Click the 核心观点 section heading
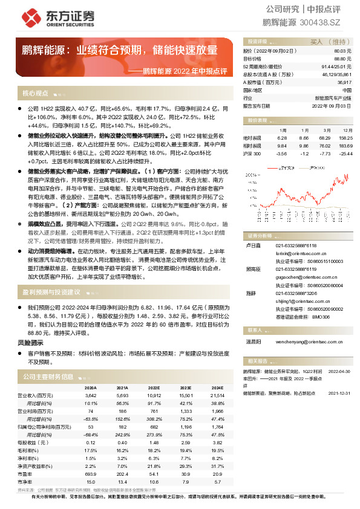pyautogui.click(x=36, y=94)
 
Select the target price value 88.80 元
pyautogui.click(x=342, y=59)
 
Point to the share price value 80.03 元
pyautogui.click(x=342, y=52)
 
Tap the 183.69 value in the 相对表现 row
pyautogui.click(x=344, y=146)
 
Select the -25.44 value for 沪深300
pyautogui.click(x=345, y=154)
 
